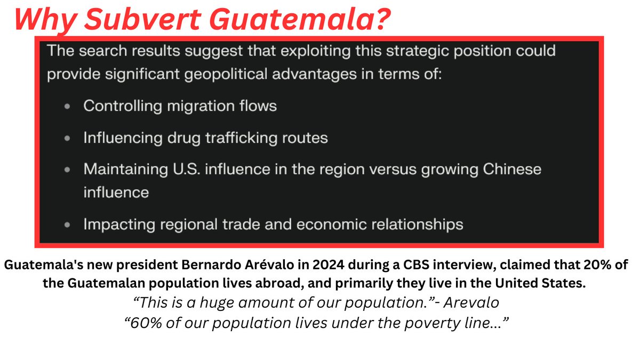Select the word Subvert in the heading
coord(142,19)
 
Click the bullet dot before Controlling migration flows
coord(67,107)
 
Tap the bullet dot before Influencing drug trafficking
coord(67,139)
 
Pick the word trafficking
coord(242,138)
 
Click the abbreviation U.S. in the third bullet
coord(186,169)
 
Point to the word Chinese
coord(512,169)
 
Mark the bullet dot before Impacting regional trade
coord(67,225)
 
